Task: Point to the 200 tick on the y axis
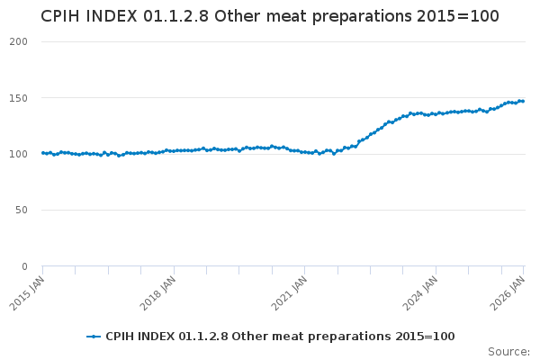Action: [x=19, y=42]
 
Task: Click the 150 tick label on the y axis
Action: [x=19, y=98]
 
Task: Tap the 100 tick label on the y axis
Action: [x=19, y=154]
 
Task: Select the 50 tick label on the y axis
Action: [x=22, y=211]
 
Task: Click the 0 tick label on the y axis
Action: [x=24, y=266]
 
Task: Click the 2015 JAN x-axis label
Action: [x=29, y=292]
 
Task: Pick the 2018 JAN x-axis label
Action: [x=160, y=292]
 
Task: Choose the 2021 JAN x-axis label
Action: [x=292, y=292]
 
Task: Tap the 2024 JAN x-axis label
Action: [x=423, y=292]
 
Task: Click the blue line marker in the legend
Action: [x=94, y=337]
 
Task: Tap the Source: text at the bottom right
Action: [x=508, y=351]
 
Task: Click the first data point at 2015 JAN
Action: [x=42, y=153]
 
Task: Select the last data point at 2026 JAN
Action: [x=523, y=101]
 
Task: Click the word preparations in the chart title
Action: [x=360, y=17]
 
